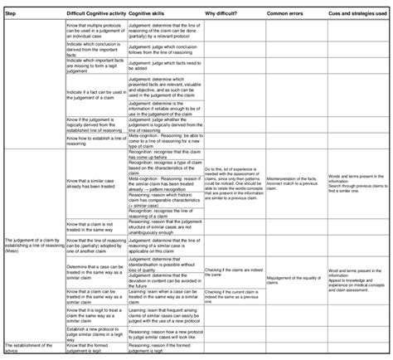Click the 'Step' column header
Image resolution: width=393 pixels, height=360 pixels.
coord(12,14)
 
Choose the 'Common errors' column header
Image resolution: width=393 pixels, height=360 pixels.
coord(286,14)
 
